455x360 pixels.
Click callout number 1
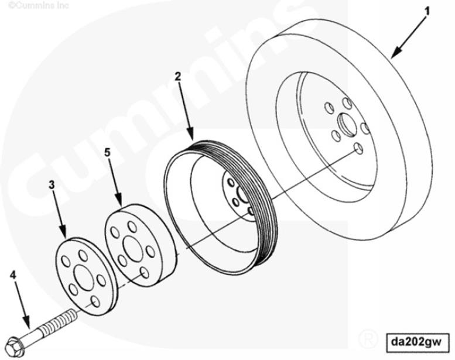click(427, 11)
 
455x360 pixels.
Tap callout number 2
click(177, 76)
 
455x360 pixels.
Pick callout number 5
click(107, 153)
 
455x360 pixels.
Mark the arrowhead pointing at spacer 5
click(120, 203)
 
